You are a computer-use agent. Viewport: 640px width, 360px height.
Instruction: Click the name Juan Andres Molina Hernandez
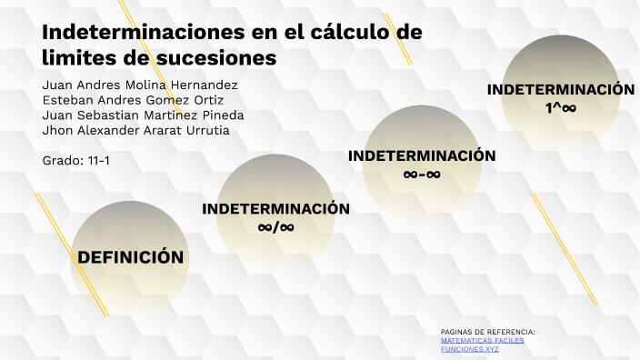(x=140, y=85)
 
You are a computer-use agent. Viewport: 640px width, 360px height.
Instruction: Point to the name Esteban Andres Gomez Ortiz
(x=133, y=100)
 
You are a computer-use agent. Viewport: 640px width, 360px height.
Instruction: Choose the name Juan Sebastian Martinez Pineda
(x=143, y=115)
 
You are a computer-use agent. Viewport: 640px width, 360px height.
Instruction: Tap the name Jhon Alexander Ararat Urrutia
(x=135, y=130)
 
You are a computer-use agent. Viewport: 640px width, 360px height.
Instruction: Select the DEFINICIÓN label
(x=131, y=257)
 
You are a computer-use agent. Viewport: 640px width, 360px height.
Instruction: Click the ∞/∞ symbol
(x=275, y=226)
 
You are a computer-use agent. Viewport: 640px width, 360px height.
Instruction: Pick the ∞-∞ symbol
(x=422, y=174)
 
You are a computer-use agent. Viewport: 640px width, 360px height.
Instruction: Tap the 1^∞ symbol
(x=561, y=107)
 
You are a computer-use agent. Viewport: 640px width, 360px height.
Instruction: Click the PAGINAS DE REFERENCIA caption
(x=487, y=332)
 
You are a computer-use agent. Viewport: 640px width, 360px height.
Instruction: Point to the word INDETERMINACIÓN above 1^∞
(x=561, y=89)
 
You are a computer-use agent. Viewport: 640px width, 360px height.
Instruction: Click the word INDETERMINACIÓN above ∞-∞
(x=422, y=155)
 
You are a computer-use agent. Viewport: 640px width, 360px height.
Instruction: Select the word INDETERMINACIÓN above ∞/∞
(x=275, y=208)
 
